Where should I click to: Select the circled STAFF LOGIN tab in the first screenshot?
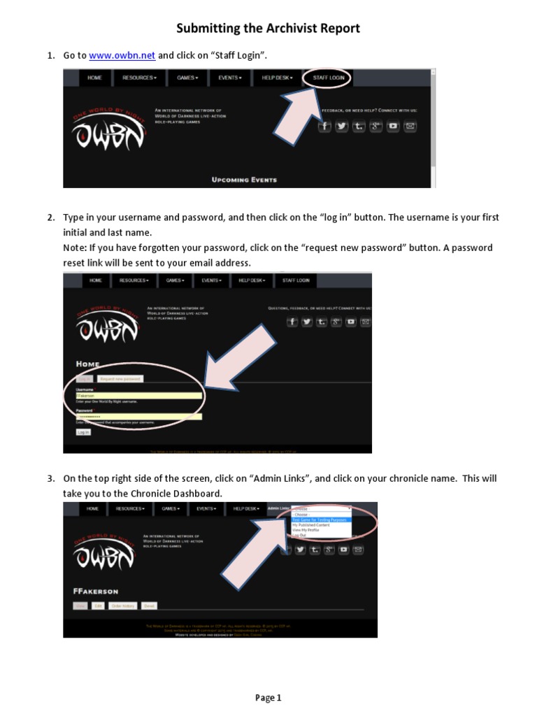point(328,78)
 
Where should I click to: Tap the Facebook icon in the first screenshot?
point(324,126)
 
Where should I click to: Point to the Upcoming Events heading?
point(244,180)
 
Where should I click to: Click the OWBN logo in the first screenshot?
point(108,129)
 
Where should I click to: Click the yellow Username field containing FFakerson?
point(138,395)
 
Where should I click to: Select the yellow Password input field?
point(138,417)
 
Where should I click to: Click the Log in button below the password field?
point(83,433)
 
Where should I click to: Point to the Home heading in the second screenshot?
point(87,364)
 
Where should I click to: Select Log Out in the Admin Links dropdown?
point(299,536)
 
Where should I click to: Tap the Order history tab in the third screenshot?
point(122,606)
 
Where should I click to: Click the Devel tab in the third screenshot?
point(149,606)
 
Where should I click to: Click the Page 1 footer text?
point(268,697)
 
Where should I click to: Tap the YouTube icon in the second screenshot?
point(350,322)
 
